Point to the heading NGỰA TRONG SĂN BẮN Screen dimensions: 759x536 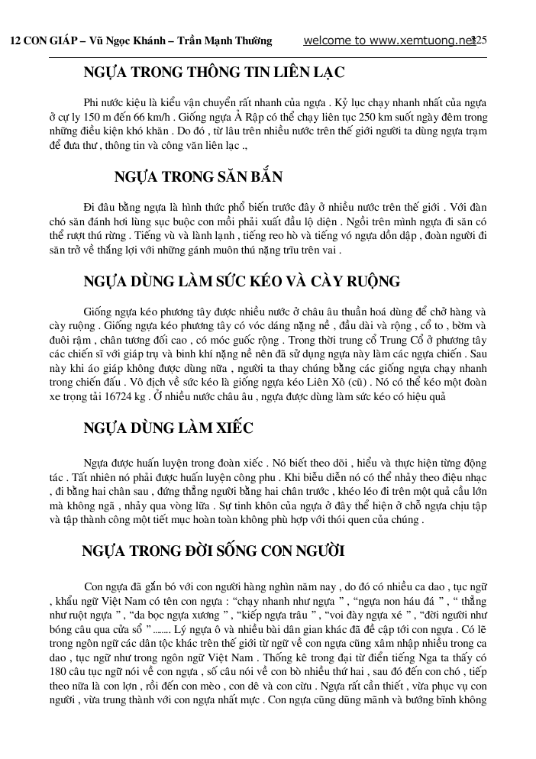[199, 177]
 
